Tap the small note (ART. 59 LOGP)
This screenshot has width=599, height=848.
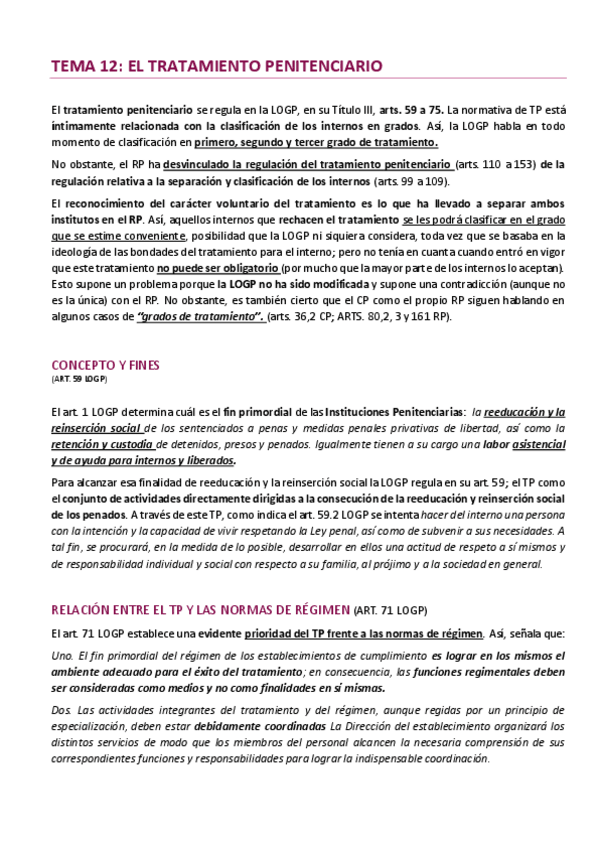(78, 380)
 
